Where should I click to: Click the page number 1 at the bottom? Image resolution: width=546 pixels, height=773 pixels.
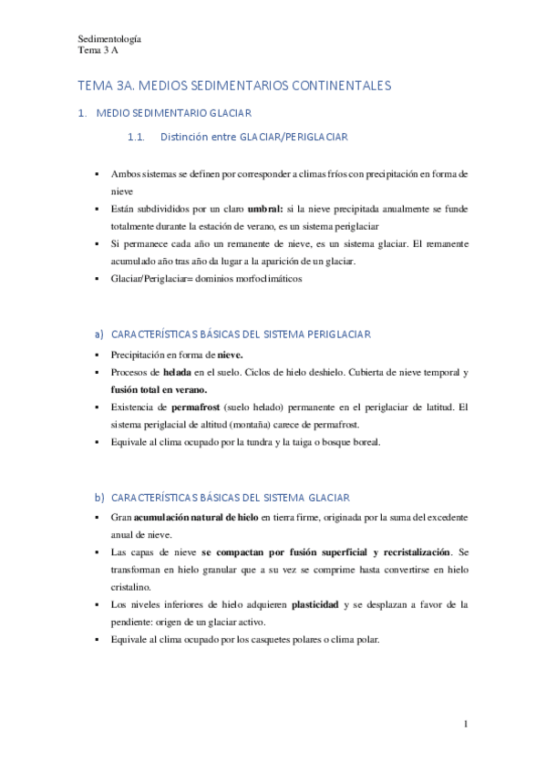point(466,725)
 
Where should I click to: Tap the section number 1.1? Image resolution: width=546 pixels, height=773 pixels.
point(137,138)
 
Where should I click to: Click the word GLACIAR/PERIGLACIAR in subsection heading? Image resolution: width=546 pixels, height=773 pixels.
point(294,138)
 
